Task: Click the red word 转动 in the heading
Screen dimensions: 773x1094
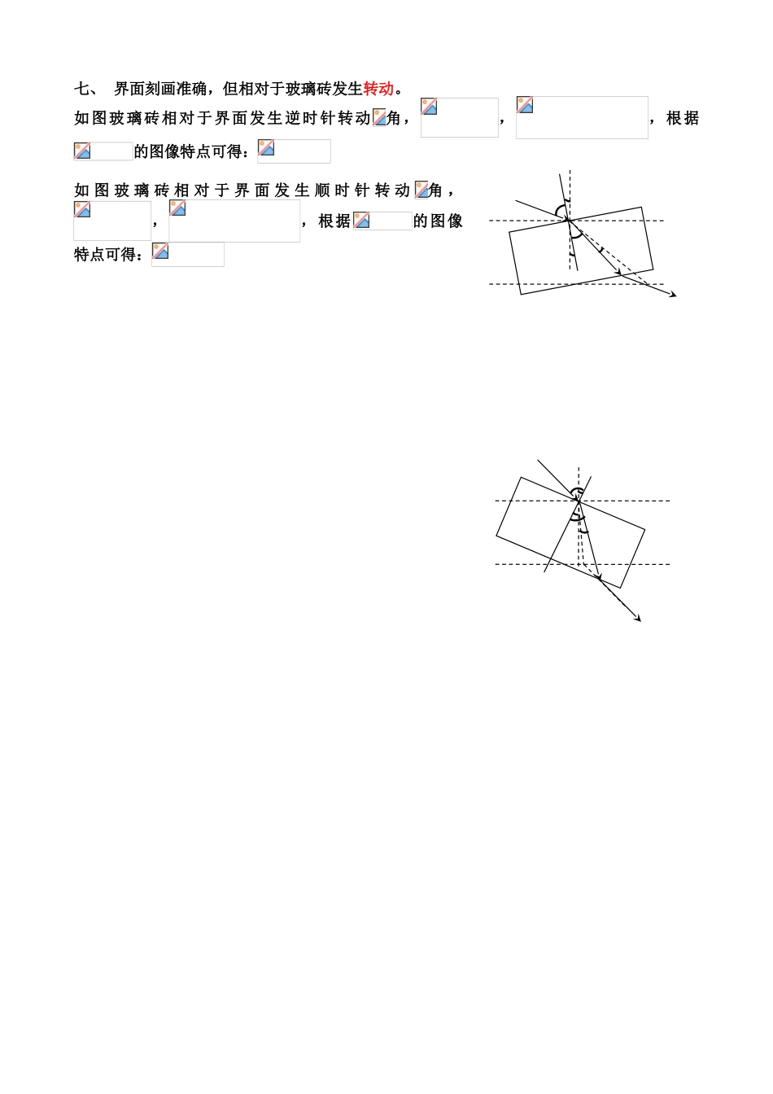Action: [x=378, y=89]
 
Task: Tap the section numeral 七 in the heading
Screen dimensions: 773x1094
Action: [x=81, y=89]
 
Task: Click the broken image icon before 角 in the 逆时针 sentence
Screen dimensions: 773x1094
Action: [x=379, y=118]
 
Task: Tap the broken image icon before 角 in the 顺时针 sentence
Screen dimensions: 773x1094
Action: [x=421, y=190]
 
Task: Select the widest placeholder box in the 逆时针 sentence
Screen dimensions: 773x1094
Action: [x=582, y=118]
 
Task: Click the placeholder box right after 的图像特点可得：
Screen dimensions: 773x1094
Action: [x=294, y=151]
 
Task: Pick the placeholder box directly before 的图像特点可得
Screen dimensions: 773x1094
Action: [x=103, y=151]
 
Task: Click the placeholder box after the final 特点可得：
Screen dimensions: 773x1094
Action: [x=188, y=255]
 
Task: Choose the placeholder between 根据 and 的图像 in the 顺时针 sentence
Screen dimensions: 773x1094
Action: [x=382, y=221]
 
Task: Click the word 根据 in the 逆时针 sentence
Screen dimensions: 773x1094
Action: [x=683, y=118]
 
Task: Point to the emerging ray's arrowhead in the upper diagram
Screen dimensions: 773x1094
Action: [x=674, y=295]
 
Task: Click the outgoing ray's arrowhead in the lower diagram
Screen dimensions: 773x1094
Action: [x=638, y=619]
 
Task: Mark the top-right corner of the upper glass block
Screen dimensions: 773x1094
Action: [x=641, y=207]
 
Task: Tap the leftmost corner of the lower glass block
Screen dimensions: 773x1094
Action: [x=496, y=536]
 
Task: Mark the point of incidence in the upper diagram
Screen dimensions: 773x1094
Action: [x=569, y=221]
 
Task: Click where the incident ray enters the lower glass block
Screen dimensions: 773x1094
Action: [x=579, y=501]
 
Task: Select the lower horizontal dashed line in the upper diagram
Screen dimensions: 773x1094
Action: [x=576, y=284]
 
